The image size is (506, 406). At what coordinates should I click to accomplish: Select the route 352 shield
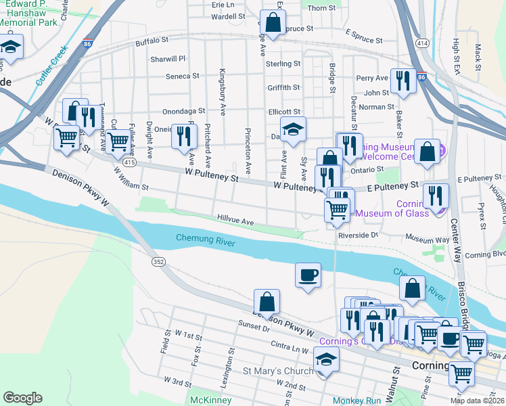point(158,262)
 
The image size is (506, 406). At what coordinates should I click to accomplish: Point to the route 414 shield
point(422,43)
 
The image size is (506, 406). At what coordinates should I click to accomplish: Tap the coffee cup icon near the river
point(308,275)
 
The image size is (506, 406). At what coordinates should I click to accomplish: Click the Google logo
point(22,398)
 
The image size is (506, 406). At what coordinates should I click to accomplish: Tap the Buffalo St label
point(151,42)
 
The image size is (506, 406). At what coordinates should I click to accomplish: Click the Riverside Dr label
point(358,235)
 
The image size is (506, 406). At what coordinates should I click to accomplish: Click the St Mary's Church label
point(278,371)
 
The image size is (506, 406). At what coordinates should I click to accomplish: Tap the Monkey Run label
point(357,400)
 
